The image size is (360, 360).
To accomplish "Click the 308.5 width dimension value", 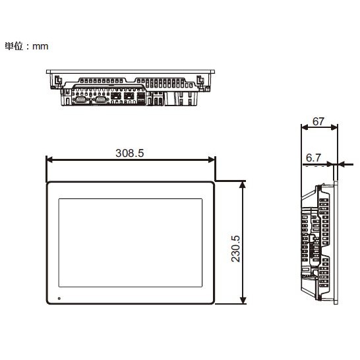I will pos(130,153).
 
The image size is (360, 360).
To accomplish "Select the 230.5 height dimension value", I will pos(236,243).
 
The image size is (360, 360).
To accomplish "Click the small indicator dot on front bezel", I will pos(59,298).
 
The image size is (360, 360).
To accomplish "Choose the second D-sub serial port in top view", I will pos(100,99).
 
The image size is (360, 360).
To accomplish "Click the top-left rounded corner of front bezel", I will pos(48,183).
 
